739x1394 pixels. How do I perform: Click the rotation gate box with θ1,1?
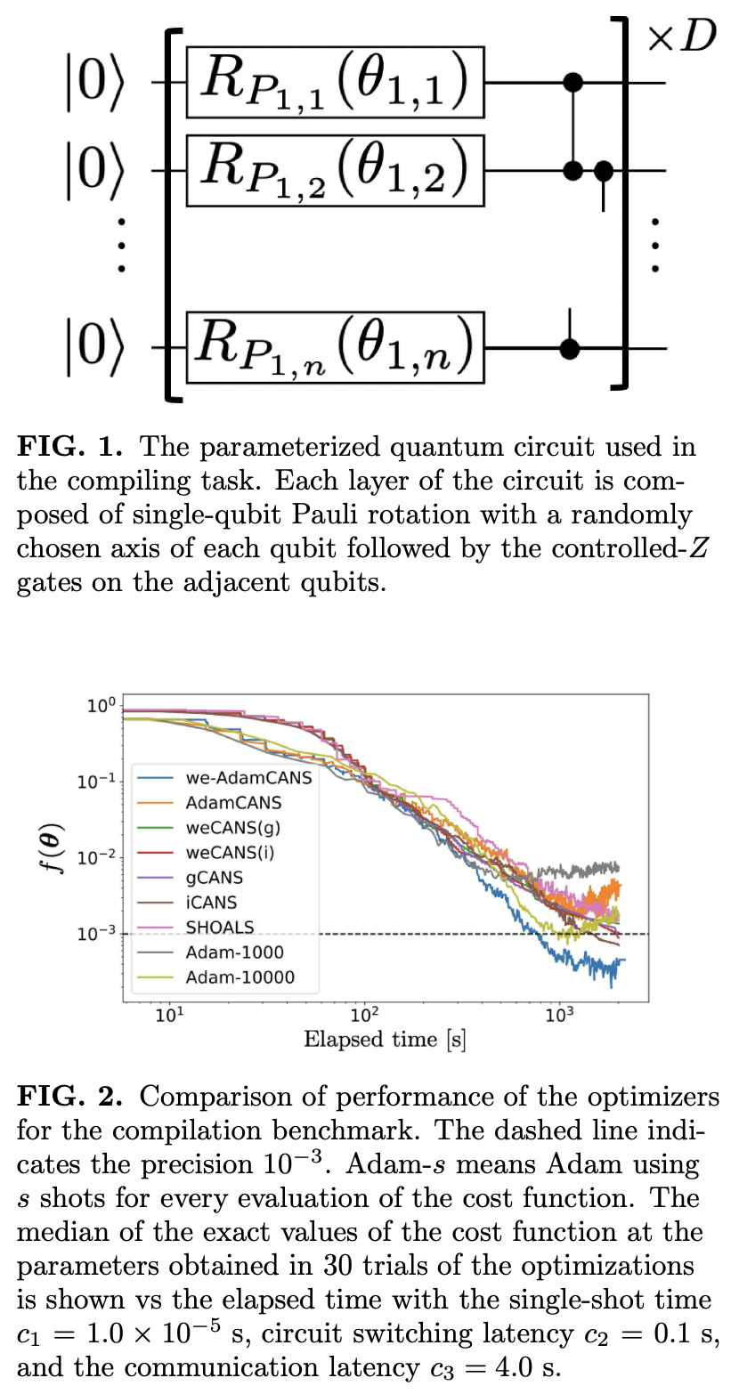[x=335, y=83]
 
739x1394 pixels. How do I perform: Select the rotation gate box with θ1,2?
[x=335, y=169]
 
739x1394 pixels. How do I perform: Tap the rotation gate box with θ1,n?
[x=335, y=347]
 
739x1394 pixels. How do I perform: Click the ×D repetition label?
[x=681, y=37]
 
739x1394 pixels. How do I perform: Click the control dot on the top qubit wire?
[x=574, y=83]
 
